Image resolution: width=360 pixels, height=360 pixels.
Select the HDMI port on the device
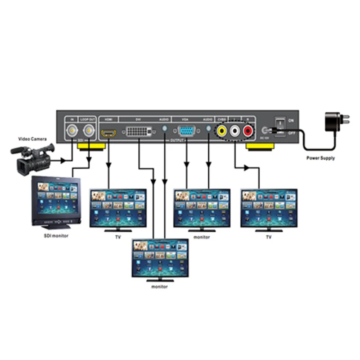108,133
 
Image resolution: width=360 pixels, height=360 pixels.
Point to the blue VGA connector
187,132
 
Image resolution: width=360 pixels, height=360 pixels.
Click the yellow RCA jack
222,132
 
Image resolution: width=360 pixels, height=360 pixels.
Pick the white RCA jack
235,132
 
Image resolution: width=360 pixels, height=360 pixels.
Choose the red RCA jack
248,132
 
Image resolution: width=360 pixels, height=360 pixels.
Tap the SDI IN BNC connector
72,131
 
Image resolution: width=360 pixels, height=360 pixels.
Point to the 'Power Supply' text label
320,158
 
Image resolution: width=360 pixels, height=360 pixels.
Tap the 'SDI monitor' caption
53,236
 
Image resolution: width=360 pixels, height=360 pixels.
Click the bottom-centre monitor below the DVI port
160,258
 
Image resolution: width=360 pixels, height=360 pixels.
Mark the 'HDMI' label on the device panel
108,120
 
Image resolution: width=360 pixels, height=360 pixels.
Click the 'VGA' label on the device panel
185,120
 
